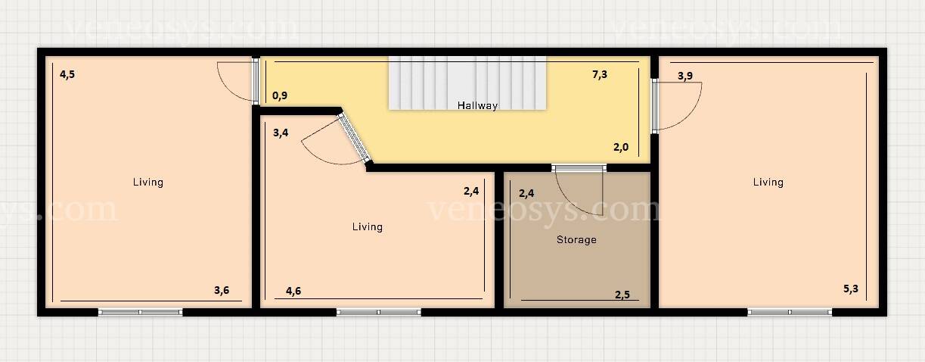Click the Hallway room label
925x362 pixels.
coord(477,105)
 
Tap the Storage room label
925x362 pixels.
coord(576,239)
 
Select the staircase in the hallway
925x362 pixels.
coord(467,83)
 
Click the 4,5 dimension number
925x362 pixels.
coord(67,74)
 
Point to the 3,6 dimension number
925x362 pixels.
coord(222,290)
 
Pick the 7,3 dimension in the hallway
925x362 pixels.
coord(600,74)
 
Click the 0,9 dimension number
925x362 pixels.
coord(280,96)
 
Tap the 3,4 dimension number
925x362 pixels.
coord(281,133)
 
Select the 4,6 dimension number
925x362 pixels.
coord(293,292)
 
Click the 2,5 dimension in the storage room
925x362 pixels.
coord(622,295)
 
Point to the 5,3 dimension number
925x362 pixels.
coord(851,289)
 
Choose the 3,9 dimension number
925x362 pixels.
coord(685,76)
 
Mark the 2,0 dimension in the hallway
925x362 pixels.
coord(621,147)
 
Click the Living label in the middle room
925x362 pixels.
coord(368,226)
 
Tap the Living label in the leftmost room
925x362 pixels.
coord(148,182)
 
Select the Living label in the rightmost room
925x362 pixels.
coord(768,182)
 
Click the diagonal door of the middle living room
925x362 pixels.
coord(354,138)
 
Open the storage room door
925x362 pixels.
coord(579,168)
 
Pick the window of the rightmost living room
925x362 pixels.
coord(790,312)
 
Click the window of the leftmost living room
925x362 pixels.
coord(141,312)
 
